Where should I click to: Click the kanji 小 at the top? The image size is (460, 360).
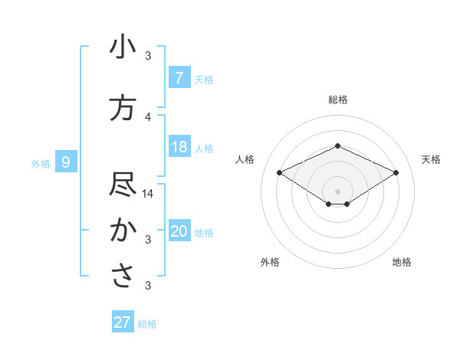click(123, 48)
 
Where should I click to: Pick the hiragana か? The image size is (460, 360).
click(123, 231)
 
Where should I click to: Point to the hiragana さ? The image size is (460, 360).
click(123, 276)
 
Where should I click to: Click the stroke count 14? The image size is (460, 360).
click(148, 194)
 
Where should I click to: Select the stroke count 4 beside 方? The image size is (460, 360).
click(148, 116)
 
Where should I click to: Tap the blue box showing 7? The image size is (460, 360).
click(179, 77)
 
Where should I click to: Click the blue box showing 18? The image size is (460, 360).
click(179, 147)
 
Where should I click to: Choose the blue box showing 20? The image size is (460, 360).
click(179, 231)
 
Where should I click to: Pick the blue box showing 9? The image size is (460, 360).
click(66, 162)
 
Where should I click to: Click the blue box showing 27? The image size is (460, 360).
click(122, 322)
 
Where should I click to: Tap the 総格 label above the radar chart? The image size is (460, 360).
click(337, 100)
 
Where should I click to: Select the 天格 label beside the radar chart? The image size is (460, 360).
click(431, 159)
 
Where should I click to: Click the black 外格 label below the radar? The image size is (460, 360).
click(270, 262)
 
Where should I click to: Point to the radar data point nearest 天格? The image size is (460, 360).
click(396, 172)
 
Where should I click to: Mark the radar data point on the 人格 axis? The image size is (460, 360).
click(279, 172)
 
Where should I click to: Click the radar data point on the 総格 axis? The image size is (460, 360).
click(337, 146)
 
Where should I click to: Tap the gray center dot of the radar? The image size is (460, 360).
click(337, 191)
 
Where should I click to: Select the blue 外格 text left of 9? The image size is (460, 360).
click(40, 163)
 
